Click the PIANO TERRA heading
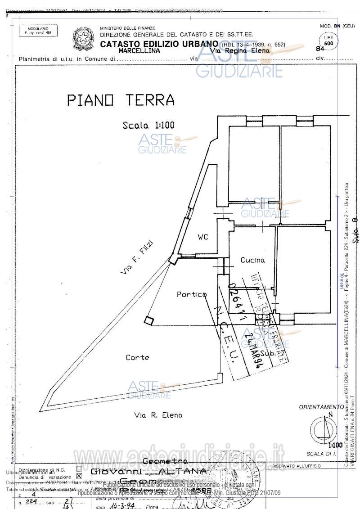121,100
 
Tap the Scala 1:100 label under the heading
148,126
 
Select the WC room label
203,237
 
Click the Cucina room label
252,260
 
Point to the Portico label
191,294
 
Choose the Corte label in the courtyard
137,357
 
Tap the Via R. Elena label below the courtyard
158,415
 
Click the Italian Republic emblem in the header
84,39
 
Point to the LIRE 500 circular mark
329,42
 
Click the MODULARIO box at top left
36,31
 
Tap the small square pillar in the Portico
149,320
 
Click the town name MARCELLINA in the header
139,51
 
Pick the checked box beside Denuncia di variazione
79,476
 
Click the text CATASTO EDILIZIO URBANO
159,44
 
